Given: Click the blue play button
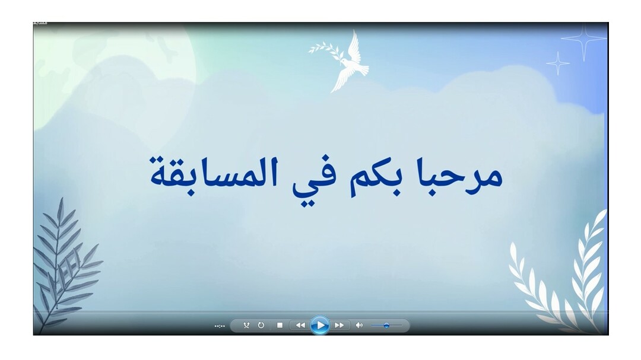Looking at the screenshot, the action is (320, 325).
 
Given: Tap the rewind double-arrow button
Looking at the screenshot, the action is (300, 325).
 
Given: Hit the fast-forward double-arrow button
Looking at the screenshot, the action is (339, 325).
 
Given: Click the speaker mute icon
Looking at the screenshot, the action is (359, 325).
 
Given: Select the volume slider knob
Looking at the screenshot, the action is (386, 325).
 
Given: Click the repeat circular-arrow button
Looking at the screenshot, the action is (261, 325).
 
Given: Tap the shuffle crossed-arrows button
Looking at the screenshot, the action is (246, 325).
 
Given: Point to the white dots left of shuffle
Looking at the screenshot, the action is (220, 326).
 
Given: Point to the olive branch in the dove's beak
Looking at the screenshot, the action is (326, 50).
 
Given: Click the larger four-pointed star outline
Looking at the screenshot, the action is (583, 39).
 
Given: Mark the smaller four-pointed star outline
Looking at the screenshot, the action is (558, 63).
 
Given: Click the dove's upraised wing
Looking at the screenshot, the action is (354, 46).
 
